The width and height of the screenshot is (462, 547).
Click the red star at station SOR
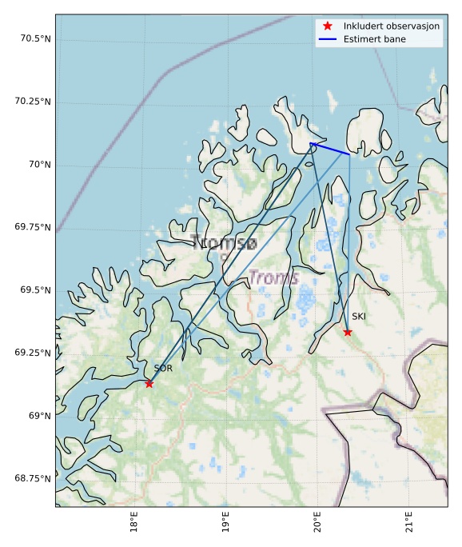pos(149,384)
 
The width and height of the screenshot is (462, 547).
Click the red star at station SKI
pos(348,332)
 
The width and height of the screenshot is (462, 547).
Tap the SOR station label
pos(163,369)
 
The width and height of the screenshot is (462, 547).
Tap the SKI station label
pos(359,317)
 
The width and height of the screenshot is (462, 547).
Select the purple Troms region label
pos(273,278)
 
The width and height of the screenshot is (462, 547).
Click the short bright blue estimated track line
pos(330,149)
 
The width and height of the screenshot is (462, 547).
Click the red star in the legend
pos(328,26)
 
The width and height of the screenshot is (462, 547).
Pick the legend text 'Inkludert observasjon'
pos(392,26)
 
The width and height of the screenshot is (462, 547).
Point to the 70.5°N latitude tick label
pos(33,39)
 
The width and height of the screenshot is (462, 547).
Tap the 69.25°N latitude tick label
pos(33,353)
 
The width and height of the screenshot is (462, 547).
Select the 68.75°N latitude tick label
pos(33,478)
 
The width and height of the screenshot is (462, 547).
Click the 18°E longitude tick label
pos(134,525)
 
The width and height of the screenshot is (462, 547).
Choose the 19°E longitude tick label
pos(226,525)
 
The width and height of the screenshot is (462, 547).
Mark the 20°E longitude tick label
pos(317,525)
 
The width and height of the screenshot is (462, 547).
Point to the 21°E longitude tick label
pos(409,525)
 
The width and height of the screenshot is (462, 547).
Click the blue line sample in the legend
pos(328,38)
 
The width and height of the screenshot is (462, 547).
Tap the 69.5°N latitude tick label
pos(35,290)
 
